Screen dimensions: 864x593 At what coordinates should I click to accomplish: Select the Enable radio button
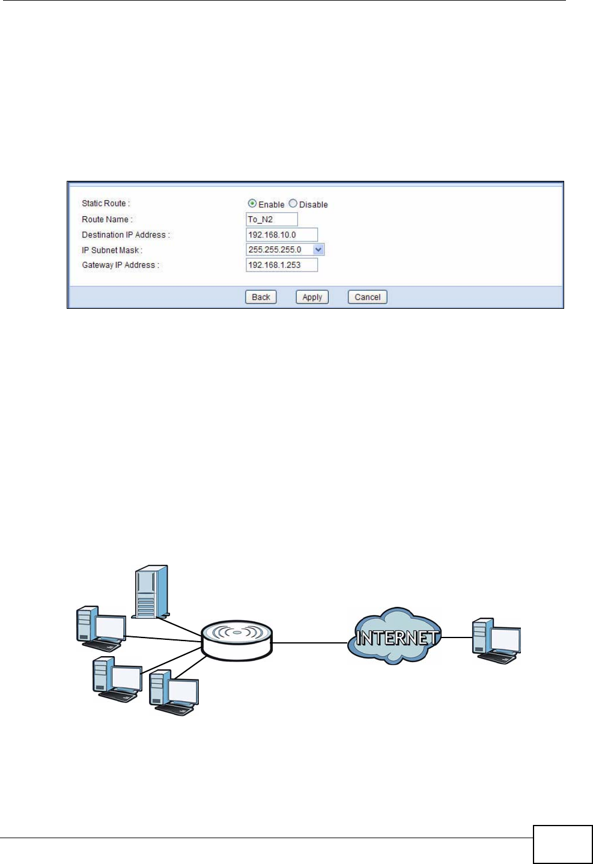pyautogui.click(x=252, y=204)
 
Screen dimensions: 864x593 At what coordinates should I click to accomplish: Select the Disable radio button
pyautogui.click(x=293, y=204)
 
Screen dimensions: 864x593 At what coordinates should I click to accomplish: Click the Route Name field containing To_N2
pyautogui.click(x=272, y=219)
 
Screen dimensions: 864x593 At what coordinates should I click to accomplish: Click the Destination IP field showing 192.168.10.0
pyautogui.click(x=281, y=235)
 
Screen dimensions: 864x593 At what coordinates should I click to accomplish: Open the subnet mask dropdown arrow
pyautogui.click(x=318, y=249)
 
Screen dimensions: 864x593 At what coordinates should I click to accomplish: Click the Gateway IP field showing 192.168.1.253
pyautogui.click(x=281, y=265)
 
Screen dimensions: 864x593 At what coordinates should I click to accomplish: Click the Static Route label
pyautogui.click(x=106, y=204)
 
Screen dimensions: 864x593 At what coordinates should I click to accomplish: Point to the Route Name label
pyautogui.click(x=107, y=219)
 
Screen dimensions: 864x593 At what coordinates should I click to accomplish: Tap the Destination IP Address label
pyautogui.click(x=126, y=235)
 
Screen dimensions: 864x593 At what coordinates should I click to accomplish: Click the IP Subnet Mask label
pyautogui.click(x=112, y=250)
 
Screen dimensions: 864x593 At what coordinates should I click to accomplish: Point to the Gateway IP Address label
pyautogui.click(x=120, y=265)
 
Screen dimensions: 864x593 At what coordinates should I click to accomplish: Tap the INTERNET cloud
pyautogui.click(x=395, y=637)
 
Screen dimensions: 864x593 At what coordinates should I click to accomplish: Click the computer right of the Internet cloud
pyautogui.click(x=496, y=640)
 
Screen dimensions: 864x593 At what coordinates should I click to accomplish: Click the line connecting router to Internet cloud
pyautogui.click(x=310, y=643)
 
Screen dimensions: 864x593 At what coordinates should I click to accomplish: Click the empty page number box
pyautogui.click(x=562, y=844)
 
